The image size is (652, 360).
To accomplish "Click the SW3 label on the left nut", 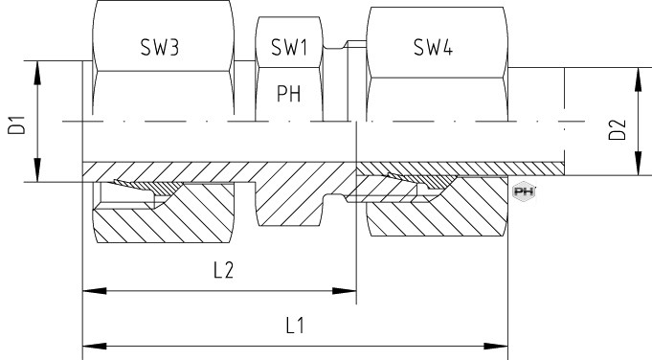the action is point(160,47).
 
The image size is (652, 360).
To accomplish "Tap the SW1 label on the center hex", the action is point(289,47).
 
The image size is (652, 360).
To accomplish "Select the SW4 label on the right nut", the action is point(433,47).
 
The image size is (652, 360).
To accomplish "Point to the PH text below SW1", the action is point(288,94).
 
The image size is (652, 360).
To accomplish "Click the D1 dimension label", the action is point(16,124).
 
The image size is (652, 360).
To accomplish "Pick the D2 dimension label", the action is point(618,129).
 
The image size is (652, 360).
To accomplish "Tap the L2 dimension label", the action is point(224,270).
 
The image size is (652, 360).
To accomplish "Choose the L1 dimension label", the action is point(295,326).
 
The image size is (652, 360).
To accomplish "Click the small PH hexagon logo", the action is point(524,191).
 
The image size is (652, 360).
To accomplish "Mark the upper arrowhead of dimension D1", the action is point(37,73).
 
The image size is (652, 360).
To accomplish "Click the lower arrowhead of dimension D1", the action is point(37,169).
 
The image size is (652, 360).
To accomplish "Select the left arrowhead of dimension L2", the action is point(95,291).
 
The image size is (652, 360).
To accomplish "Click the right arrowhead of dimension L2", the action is point(345,291).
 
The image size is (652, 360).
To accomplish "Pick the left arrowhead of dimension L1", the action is point(95,346).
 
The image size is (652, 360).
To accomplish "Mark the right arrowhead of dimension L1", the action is point(496,346).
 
